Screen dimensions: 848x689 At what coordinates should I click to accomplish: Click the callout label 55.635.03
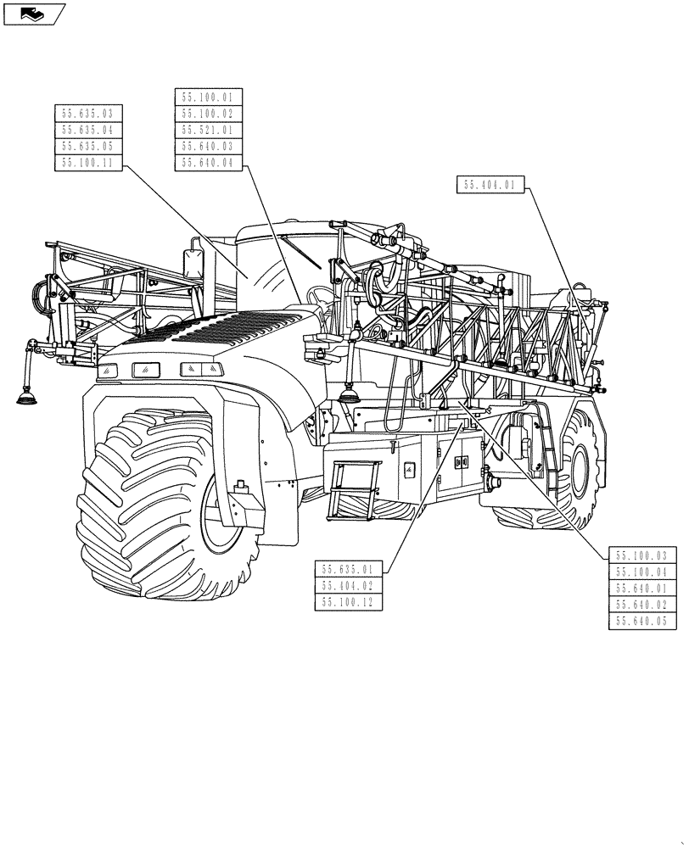tap(88, 114)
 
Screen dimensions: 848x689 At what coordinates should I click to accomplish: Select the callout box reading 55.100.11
tap(88, 163)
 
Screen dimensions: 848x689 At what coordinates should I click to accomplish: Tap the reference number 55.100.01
tap(208, 98)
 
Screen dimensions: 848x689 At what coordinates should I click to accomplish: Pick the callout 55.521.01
tap(208, 131)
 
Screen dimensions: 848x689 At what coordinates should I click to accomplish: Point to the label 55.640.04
tap(208, 164)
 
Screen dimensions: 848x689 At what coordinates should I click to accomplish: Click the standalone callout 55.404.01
tap(491, 185)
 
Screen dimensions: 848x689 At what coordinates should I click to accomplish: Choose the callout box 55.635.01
tap(348, 570)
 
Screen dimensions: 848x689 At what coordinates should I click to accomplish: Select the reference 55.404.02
tap(348, 586)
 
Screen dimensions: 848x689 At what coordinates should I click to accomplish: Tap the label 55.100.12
tap(348, 603)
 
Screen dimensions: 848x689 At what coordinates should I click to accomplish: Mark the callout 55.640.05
tap(642, 622)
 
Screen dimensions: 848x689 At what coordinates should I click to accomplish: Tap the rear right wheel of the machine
tap(577, 466)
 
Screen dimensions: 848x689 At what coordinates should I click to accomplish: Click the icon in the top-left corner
tap(34, 13)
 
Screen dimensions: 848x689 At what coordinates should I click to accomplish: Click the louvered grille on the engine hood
tap(212, 326)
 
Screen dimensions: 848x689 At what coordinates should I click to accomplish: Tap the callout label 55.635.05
tap(88, 147)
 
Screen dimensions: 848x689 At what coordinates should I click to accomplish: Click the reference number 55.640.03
tap(208, 147)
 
